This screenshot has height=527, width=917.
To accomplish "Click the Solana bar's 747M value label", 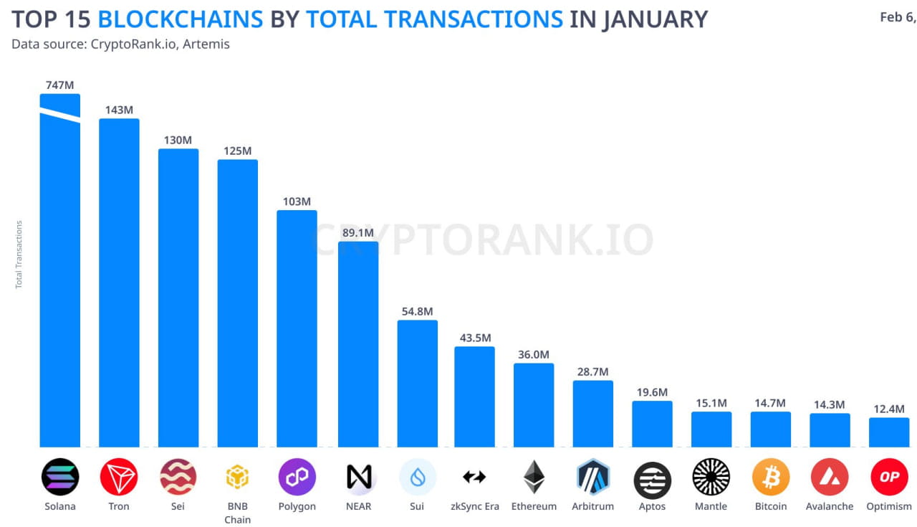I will pyautogui.click(x=59, y=85).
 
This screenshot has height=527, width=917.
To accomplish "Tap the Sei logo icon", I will pyautogui.click(x=178, y=477).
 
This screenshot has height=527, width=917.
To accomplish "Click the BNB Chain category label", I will pyautogui.click(x=238, y=512).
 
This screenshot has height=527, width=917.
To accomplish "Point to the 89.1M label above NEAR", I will pyautogui.click(x=358, y=233).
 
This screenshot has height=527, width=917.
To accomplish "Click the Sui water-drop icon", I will pyautogui.click(x=418, y=477).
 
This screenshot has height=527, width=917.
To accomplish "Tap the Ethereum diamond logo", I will pyautogui.click(x=534, y=477).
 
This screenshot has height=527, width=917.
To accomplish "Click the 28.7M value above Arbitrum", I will pyautogui.click(x=593, y=371).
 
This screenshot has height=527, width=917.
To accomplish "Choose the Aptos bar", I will pyautogui.click(x=652, y=424).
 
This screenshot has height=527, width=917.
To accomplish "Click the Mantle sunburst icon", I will pyautogui.click(x=711, y=477).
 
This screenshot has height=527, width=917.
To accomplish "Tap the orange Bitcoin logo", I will pyautogui.click(x=771, y=477).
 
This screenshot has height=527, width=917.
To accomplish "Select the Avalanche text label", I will pyautogui.click(x=830, y=506).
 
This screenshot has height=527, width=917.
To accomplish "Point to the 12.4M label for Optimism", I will pyautogui.click(x=889, y=409).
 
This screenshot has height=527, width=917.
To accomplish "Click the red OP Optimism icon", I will pyautogui.click(x=889, y=477).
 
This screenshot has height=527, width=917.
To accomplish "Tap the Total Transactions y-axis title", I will pyautogui.click(x=19, y=255).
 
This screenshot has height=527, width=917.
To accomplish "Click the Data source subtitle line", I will pyautogui.click(x=120, y=44).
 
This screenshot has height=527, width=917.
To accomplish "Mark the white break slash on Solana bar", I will pyautogui.click(x=59, y=116).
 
